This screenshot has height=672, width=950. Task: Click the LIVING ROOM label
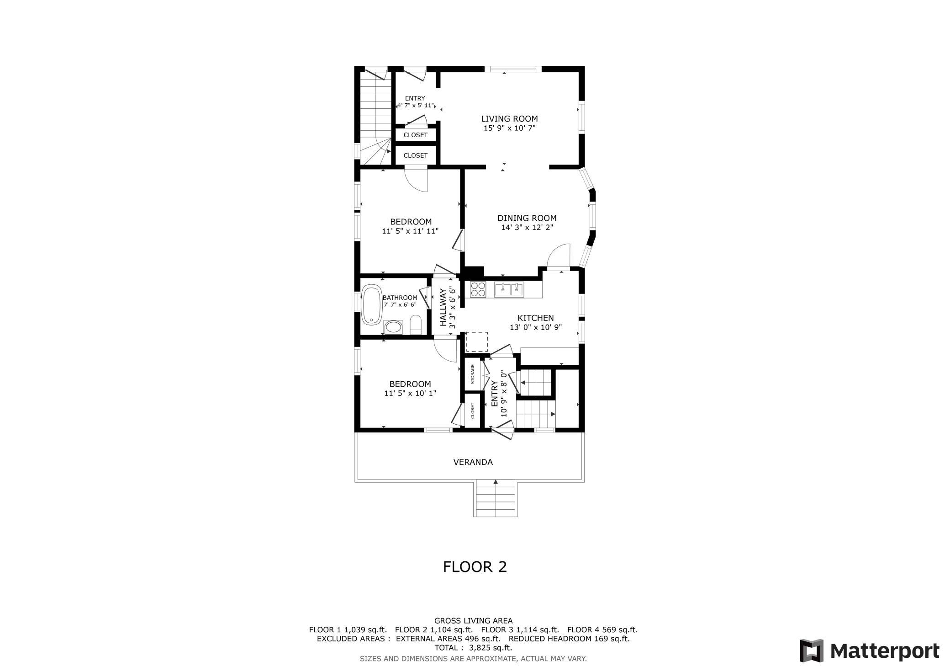click(509, 119)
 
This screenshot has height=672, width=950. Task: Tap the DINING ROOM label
click(527, 218)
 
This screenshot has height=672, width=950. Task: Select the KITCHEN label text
click(535, 318)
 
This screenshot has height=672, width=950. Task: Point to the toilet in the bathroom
click(416, 325)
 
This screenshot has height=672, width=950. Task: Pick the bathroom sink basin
click(393, 327)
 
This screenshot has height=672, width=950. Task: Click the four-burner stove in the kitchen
click(478, 290)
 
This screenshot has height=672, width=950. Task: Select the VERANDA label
click(473, 462)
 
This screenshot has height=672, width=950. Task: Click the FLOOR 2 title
click(475, 567)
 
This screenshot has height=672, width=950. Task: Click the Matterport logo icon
click(812, 651)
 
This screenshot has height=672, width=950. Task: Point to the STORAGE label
click(473, 374)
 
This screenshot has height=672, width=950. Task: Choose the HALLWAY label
click(443, 307)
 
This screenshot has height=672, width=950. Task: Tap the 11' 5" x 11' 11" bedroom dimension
click(410, 231)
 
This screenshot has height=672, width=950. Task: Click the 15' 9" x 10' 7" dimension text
click(509, 128)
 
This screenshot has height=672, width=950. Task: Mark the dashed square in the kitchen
click(477, 341)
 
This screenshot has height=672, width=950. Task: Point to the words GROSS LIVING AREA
click(474, 621)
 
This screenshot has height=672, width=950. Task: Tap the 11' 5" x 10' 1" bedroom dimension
click(410, 393)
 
